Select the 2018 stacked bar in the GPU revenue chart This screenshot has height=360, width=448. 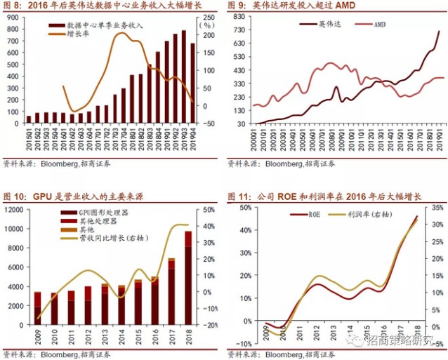click(188, 276)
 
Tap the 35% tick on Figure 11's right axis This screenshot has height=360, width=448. click(435, 208)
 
